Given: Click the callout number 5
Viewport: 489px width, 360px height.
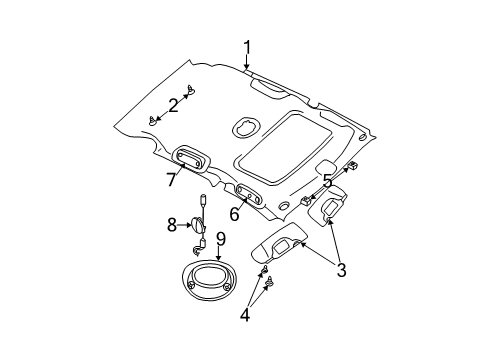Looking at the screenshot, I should click(326, 181).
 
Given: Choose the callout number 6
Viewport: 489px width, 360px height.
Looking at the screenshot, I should click(233, 213).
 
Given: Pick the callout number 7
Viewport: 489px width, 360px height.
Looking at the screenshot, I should click(171, 180).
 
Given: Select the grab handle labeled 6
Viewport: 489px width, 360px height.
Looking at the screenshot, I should click(251, 195).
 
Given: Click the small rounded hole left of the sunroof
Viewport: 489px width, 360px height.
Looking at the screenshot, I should click(244, 127).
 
